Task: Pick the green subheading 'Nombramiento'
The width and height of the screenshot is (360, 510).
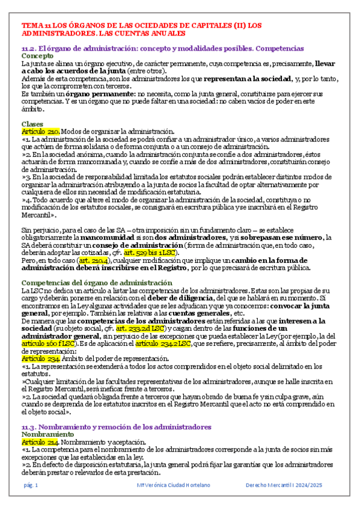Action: point(46,434)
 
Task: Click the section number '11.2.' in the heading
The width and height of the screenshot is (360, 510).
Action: point(29,48)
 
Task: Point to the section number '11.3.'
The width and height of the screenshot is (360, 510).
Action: point(29,426)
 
